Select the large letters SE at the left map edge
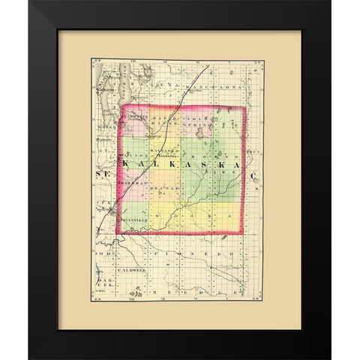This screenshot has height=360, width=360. coord(103,174)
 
